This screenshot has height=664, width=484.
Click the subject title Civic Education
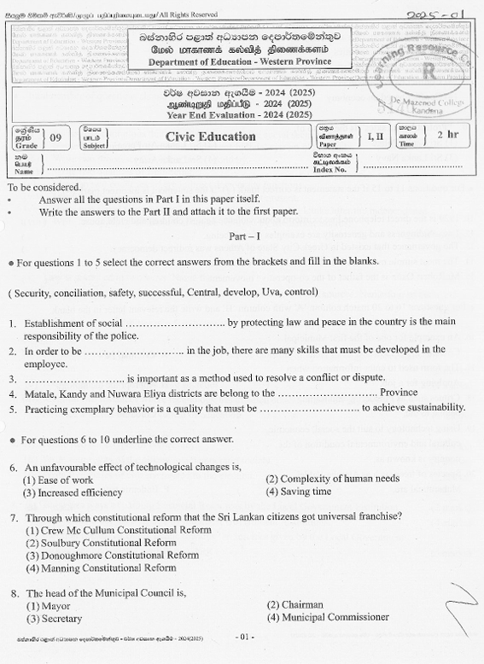pyautogui.click(x=210, y=137)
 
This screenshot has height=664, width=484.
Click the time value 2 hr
pyautogui.click(x=446, y=135)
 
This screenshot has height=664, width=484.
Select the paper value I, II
pyautogui.click(x=375, y=136)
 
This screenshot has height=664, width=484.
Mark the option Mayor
pyautogui.click(x=50, y=604)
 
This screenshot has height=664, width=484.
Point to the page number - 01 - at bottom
pyautogui.click(x=243, y=637)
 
